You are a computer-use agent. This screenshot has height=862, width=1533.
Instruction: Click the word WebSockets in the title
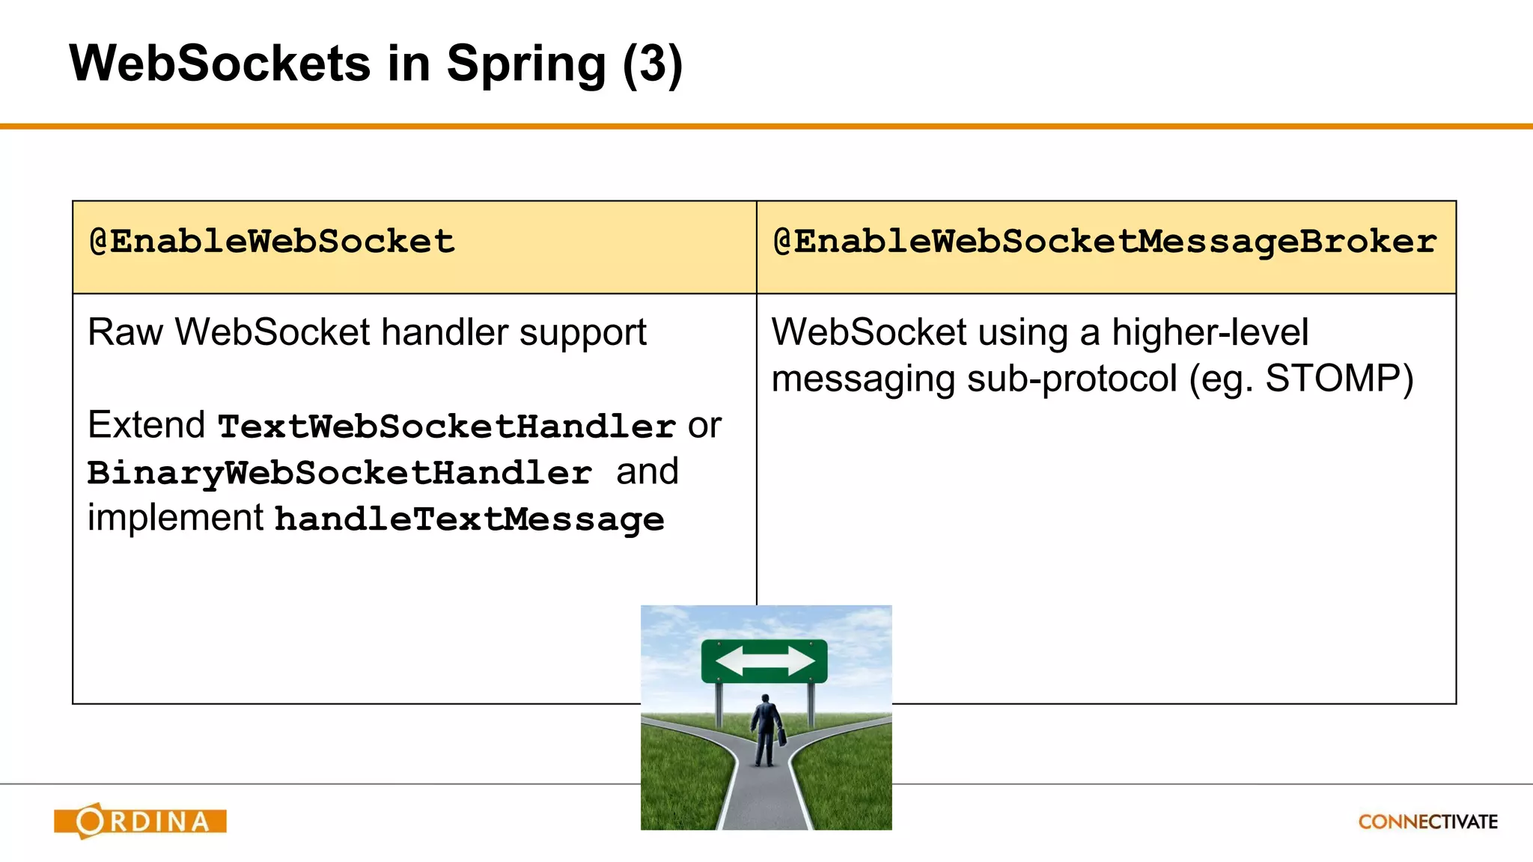tap(219, 64)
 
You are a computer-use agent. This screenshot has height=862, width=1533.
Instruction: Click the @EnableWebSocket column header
tap(272, 242)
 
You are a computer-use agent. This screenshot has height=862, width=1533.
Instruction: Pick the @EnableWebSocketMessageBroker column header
tap(1104, 242)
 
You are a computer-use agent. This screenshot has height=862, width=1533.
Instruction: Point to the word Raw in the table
tap(125, 332)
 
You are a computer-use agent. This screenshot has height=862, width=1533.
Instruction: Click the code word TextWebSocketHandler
tap(447, 427)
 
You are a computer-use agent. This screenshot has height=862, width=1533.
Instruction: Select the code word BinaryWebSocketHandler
tap(339, 473)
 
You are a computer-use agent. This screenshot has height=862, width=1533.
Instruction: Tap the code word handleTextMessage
tap(469, 519)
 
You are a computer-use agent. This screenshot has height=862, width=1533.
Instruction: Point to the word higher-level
tap(1210, 332)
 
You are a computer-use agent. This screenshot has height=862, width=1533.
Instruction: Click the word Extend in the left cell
tap(146, 425)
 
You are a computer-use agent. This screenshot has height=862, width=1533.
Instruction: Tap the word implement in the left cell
tap(175, 518)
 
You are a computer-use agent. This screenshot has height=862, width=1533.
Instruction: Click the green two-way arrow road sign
tap(764, 661)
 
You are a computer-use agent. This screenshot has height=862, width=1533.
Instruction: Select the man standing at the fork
tap(765, 730)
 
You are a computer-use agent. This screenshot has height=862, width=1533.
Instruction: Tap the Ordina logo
tap(140, 821)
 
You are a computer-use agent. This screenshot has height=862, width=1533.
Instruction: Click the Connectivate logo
tap(1427, 822)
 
